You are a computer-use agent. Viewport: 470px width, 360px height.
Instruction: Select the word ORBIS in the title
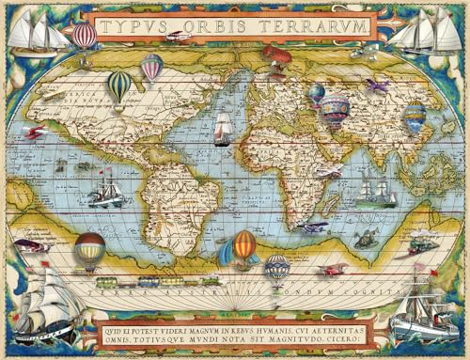tap(210, 26)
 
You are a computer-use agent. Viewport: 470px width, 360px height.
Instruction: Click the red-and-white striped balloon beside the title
tap(85, 36)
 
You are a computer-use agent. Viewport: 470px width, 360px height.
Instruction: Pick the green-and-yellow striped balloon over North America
tap(119, 86)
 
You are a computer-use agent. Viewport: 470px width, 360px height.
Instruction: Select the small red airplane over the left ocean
tap(35, 133)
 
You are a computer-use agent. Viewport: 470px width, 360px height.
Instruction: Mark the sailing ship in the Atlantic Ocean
tap(222, 128)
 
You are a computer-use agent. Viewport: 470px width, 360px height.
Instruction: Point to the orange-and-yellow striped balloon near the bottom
tap(244, 246)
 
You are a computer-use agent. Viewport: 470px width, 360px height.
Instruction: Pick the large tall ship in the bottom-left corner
tap(47, 303)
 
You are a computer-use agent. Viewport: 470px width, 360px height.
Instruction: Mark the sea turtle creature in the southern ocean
tap(365, 240)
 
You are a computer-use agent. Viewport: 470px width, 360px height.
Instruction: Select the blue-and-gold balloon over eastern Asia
tap(415, 116)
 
